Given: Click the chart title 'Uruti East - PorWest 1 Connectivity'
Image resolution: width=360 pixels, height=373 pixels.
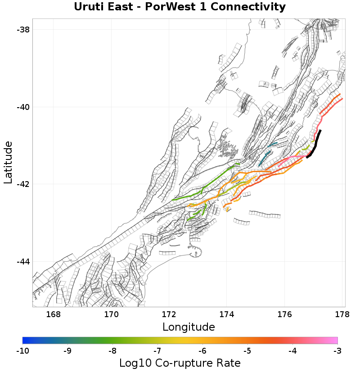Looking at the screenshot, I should (180, 7).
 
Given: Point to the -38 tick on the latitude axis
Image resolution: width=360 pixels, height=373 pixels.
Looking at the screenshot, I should (23, 30).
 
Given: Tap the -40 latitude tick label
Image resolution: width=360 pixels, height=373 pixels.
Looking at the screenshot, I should (23, 107).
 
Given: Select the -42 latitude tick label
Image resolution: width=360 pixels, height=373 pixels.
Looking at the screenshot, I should (23, 184).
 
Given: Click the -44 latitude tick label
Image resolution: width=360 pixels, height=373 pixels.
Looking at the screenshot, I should (23, 262).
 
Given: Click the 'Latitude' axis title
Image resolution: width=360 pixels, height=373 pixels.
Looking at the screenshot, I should (8, 162).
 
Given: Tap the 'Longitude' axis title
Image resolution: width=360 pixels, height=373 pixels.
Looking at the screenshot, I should (189, 327).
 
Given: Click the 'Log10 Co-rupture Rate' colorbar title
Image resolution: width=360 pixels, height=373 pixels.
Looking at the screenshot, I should (180, 363).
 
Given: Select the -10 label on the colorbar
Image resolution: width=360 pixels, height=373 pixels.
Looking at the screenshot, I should (22, 350).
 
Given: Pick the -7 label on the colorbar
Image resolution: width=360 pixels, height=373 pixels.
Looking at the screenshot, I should (157, 350).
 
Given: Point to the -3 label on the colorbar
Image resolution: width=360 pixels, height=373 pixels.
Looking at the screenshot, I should (337, 350).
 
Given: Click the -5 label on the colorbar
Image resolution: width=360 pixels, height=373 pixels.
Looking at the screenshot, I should (247, 350).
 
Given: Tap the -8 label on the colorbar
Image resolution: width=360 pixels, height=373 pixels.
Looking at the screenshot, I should (112, 350).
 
